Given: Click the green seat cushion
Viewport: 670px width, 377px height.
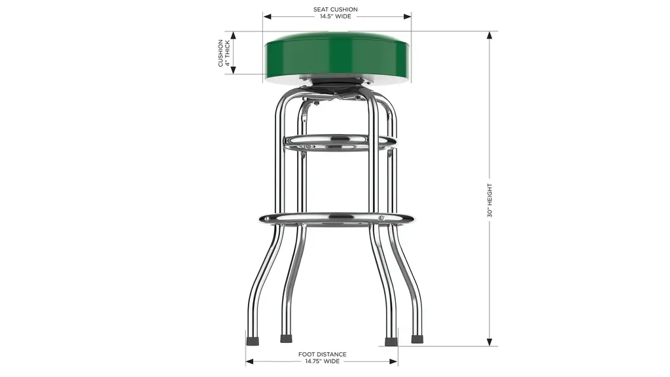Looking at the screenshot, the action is click(338, 56).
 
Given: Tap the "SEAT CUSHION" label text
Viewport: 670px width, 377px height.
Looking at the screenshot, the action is click(336, 9).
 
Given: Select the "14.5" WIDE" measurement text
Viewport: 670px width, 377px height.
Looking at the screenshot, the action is click(336, 16).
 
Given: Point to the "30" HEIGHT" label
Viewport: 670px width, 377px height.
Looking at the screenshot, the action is click(489, 200).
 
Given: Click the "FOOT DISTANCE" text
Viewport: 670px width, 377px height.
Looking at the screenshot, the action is click(322, 354).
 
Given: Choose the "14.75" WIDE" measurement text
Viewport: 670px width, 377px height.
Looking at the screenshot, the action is click(322, 361).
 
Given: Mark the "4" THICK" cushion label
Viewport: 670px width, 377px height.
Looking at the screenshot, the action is click(228, 53).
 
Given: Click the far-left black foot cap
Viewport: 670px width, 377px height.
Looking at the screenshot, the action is click(253, 341).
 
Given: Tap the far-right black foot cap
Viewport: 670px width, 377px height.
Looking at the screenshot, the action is click(417, 340).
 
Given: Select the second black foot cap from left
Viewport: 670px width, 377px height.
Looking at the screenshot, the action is click(287, 338).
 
